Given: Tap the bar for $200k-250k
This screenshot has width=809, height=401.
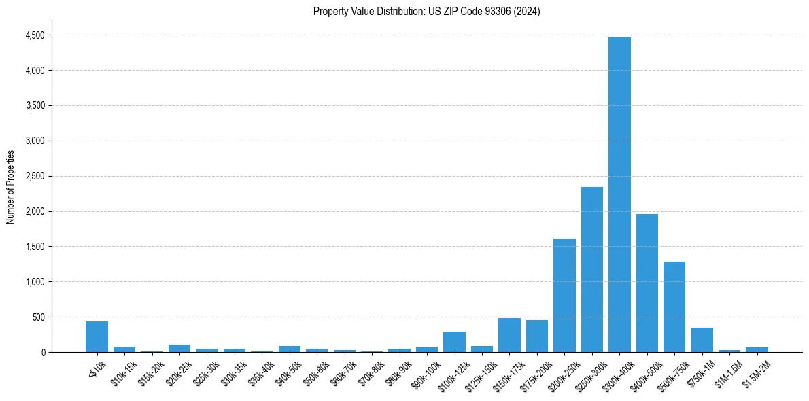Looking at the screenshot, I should click(x=564, y=295).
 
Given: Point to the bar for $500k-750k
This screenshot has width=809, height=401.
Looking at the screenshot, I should click(x=674, y=307).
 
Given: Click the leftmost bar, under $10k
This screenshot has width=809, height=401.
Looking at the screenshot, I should click(x=97, y=336).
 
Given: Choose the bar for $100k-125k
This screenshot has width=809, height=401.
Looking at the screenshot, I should click(x=454, y=342).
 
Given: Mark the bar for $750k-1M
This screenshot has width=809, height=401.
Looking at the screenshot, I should click(x=702, y=340).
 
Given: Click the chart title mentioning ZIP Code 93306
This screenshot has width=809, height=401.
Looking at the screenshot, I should click(x=426, y=11).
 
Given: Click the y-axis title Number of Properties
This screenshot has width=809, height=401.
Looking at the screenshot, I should click(x=10, y=187).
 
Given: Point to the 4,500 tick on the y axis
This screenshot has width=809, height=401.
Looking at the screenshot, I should click(x=33, y=35).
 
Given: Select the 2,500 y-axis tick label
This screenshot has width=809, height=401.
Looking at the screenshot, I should click(x=33, y=176).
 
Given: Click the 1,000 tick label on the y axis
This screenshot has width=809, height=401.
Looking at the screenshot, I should click(x=33, y=282).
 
